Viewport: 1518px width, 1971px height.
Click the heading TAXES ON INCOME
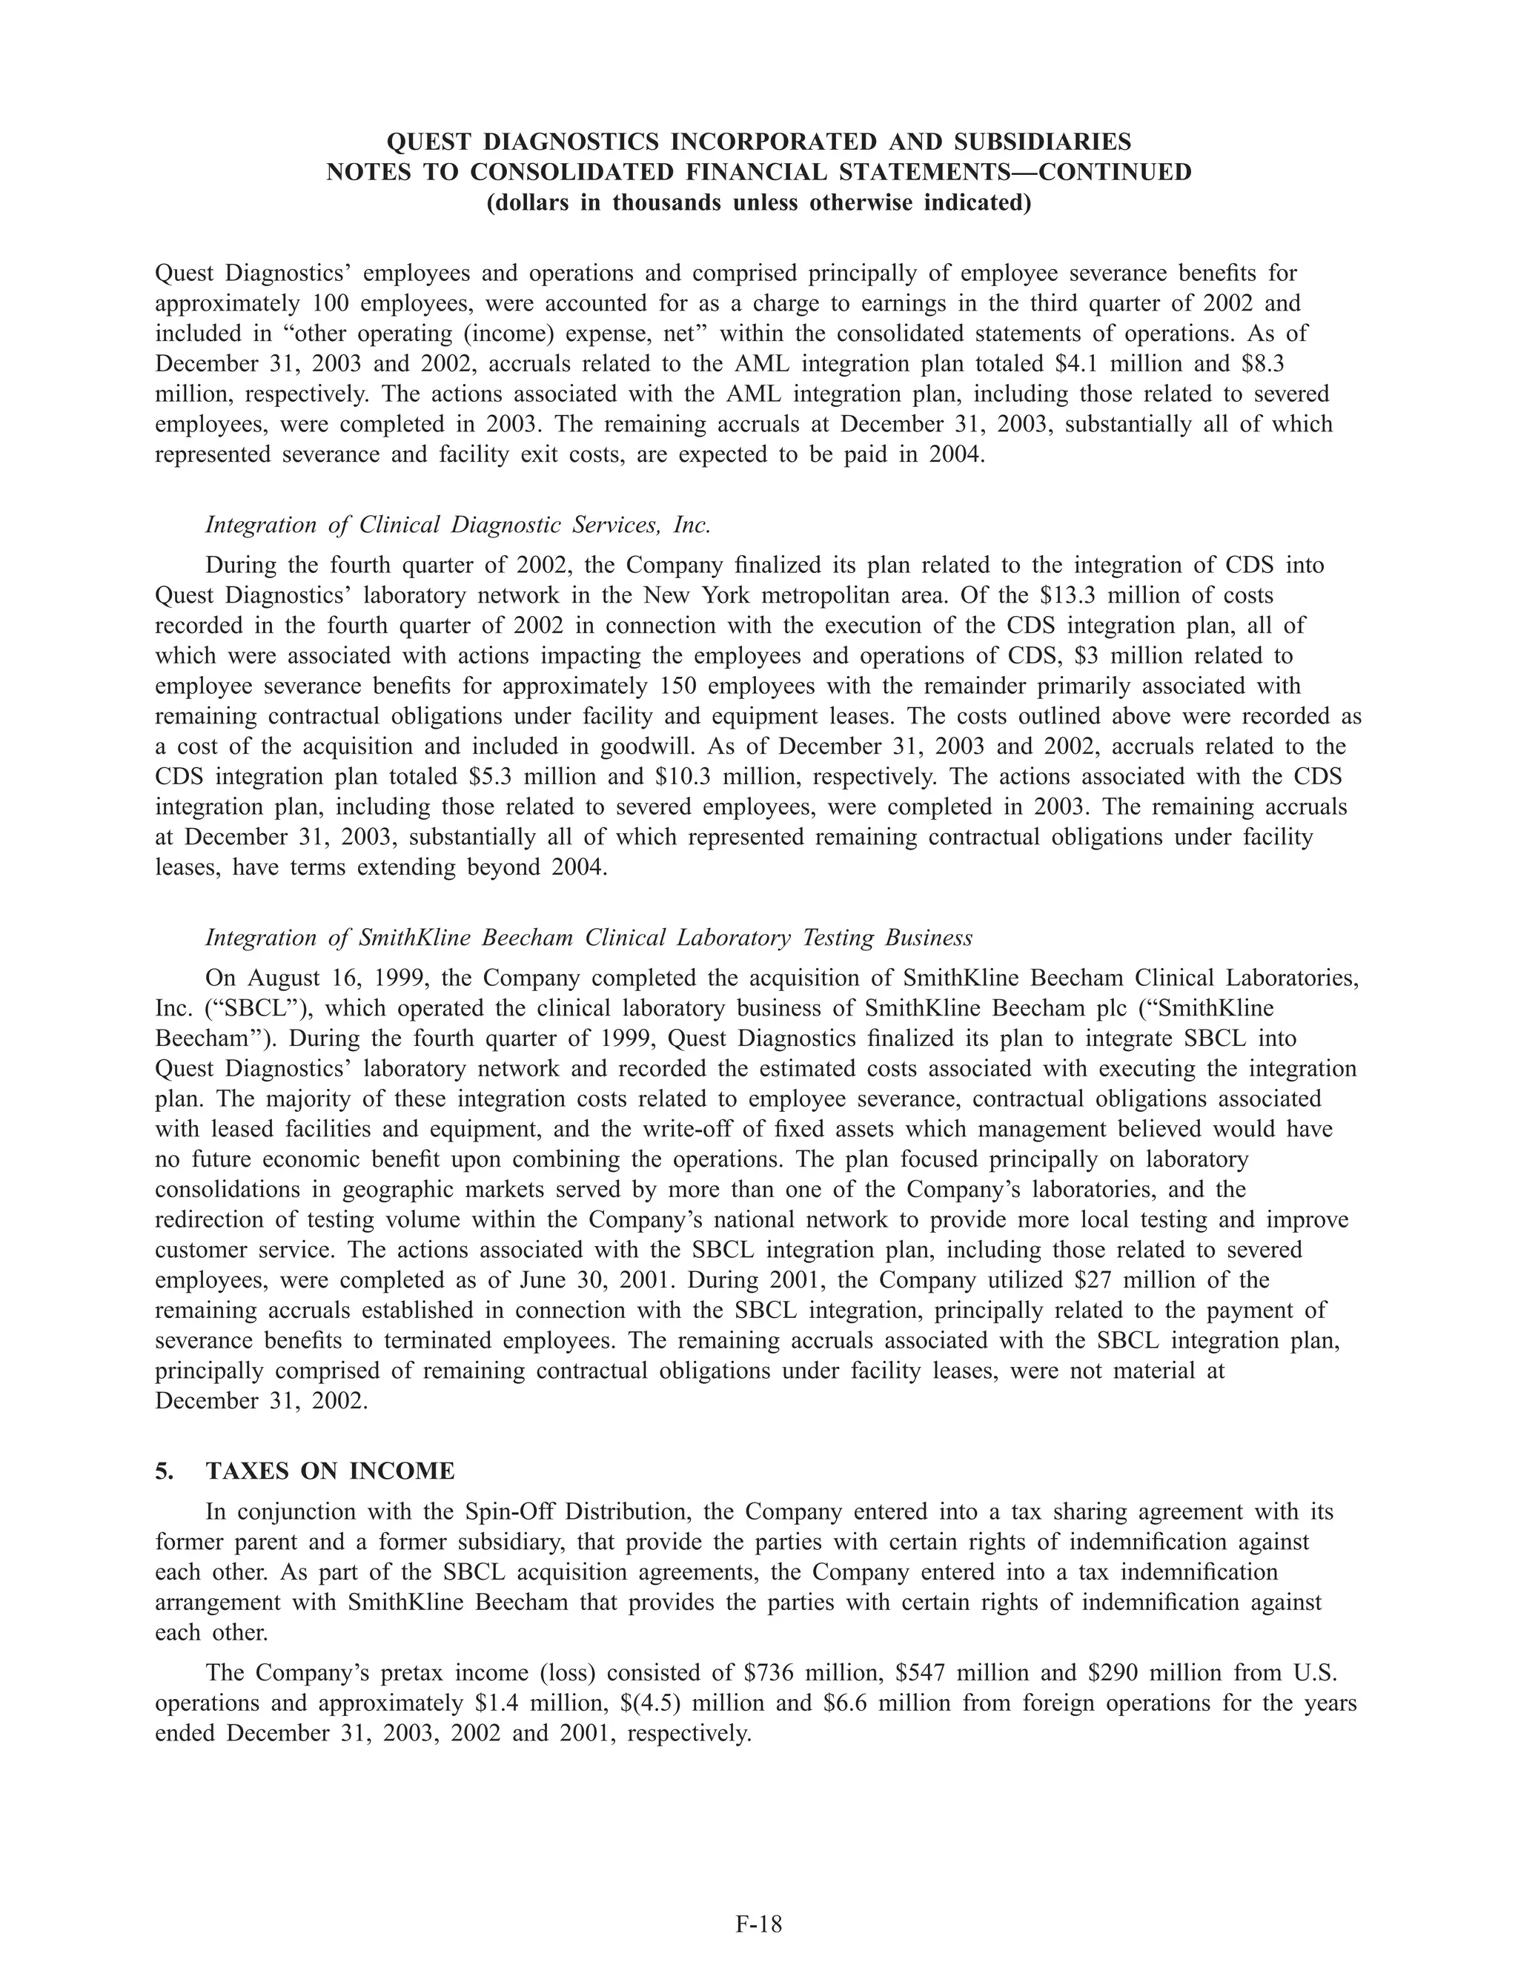[331, 1471]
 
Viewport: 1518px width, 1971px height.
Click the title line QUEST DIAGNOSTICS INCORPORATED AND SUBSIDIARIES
[758, 142]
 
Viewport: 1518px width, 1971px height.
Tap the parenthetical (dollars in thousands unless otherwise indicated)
[758, 203]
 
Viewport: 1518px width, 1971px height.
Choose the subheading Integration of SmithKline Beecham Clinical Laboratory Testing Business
[589, 938]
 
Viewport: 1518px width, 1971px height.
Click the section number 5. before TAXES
[165, 1471]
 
